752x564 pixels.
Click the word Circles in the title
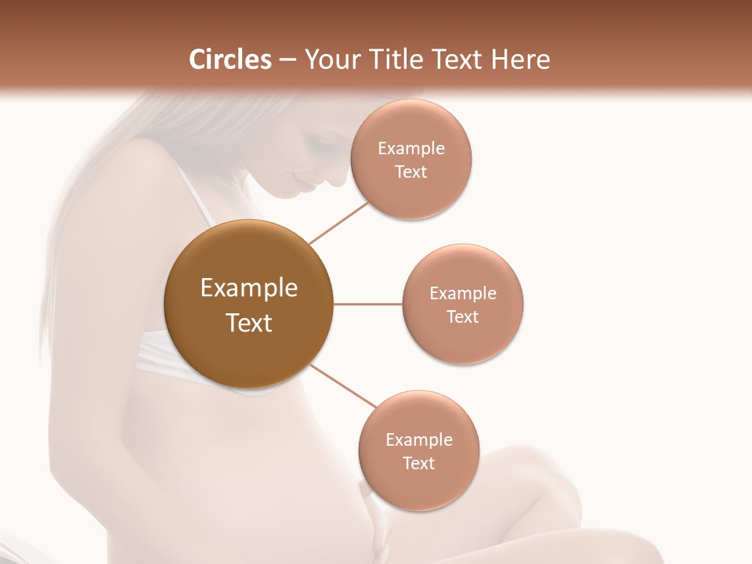click(230, 60)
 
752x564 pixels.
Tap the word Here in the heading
click(521, 60)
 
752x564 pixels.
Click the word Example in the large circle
click(248, 288)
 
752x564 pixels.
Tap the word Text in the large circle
click(248, 323)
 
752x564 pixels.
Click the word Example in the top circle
click(410, 148)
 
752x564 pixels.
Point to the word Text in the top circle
click(410, 172)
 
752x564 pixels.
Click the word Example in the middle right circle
click(462, 293)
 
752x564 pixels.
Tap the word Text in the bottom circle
click(418, 463)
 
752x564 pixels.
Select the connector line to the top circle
click(338, 222)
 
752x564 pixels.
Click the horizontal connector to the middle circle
click(367, 304)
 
